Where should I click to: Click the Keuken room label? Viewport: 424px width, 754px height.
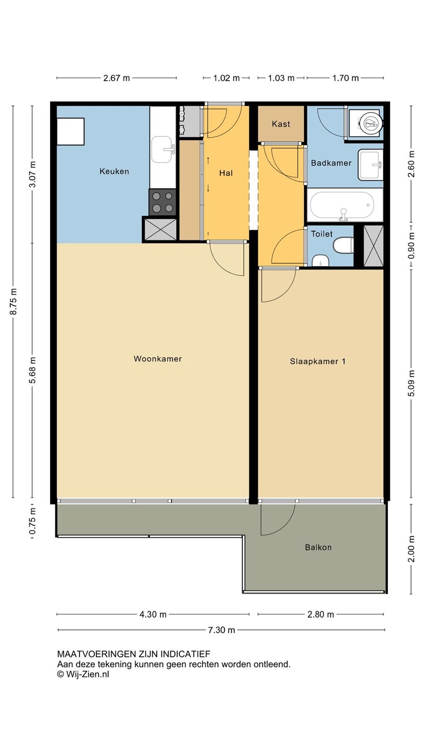(x=114, y=171)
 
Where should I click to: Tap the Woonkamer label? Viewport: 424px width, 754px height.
(x=158, y=359)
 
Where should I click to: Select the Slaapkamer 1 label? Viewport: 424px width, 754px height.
(x=318, y=361)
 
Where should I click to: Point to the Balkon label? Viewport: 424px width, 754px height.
(x=318, y=548)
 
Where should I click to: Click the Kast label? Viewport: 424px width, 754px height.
(x=281, y=124)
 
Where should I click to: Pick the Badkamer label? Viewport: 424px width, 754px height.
(x=331, y=163)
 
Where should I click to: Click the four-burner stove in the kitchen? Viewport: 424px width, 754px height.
(x=163, y=202)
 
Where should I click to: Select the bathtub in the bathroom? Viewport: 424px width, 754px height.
(x=342, y=205)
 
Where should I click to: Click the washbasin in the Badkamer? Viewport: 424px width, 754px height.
(x=371, y=164)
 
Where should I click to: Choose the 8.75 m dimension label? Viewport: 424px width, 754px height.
(x=13, y=301)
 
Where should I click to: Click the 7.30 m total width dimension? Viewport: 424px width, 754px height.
(x=221, y=630)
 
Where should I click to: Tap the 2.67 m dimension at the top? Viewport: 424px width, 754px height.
(x=116, y=78)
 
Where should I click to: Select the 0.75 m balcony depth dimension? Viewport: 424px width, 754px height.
(x=32, y=521)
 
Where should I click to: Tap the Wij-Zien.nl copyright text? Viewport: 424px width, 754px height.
(x=83, y=674)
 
